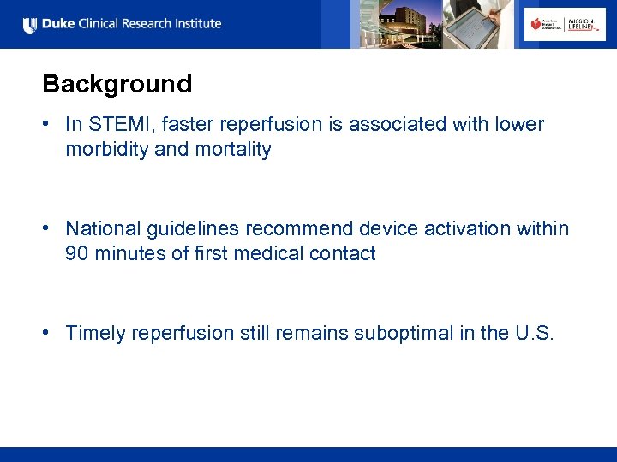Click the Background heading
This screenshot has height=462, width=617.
point(117,84)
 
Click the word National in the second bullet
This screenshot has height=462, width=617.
point(101,229)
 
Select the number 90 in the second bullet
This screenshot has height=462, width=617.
point(77,254)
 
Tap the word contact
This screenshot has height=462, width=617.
point(344,254)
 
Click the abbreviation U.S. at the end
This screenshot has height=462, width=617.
point(535,334)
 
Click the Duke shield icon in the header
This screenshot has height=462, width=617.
point(30,25)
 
